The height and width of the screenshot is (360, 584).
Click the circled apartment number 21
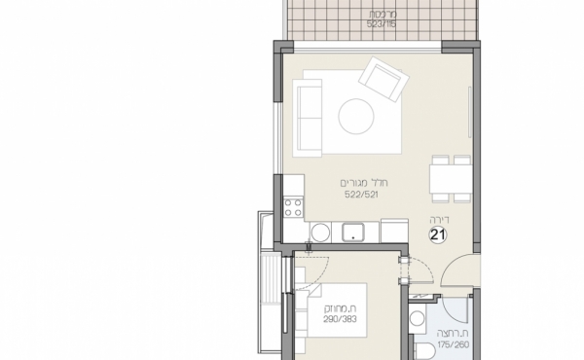438,234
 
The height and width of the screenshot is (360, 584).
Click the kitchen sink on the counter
352,231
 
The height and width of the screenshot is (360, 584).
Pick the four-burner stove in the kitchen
292,205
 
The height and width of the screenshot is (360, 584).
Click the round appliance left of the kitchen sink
319,232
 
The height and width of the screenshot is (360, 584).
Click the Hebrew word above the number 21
437,219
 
